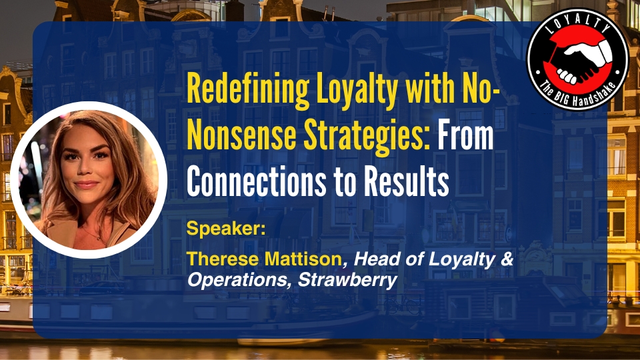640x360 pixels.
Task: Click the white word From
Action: pos(465,135)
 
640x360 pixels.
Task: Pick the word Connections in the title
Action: pos(256,181)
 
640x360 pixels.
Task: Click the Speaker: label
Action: pos(226,229)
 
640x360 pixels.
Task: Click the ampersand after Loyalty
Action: pos(506,259)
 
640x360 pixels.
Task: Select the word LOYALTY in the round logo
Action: pos(577,25)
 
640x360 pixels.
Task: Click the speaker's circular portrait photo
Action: pos(89,179)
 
